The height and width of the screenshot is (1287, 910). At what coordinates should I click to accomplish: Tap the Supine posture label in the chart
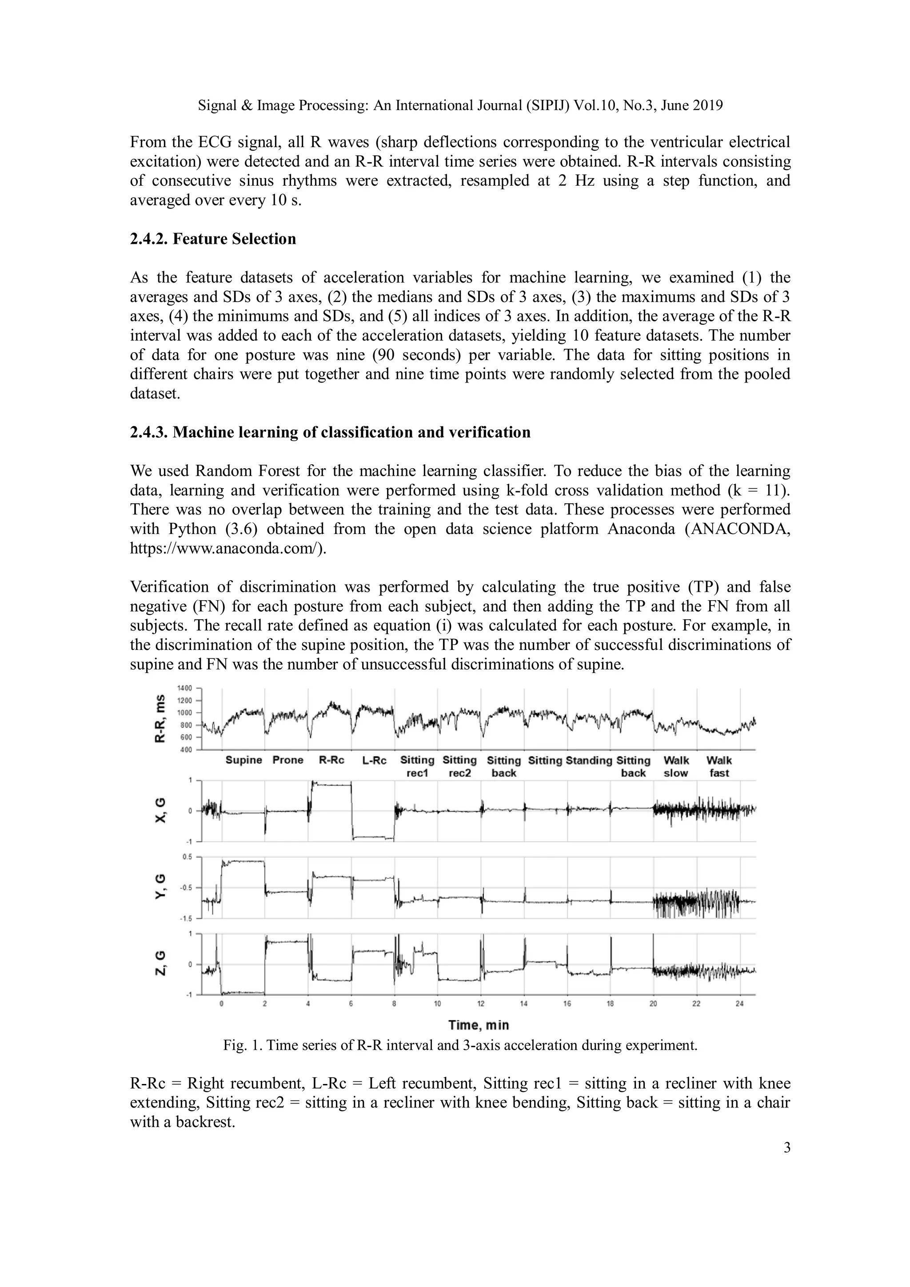(243, 760)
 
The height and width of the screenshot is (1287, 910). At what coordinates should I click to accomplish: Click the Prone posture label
(287, 760)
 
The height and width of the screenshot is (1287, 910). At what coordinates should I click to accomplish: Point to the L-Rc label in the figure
(375, 760)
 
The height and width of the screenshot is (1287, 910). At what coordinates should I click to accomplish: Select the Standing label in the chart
(589, 760)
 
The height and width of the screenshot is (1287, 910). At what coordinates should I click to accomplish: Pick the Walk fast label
(719, 766)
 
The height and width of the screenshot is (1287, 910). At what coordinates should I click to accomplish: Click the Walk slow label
(676, 766)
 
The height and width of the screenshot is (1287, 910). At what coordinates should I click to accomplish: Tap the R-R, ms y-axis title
(161, 719)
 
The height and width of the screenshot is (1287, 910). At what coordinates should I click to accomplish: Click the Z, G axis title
(161, 962)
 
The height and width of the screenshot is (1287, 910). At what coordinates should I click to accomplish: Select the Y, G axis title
(161, 887)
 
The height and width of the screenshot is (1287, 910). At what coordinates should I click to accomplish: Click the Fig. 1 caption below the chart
(460, 1045)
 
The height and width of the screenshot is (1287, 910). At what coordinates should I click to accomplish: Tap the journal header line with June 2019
(460, 105)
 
